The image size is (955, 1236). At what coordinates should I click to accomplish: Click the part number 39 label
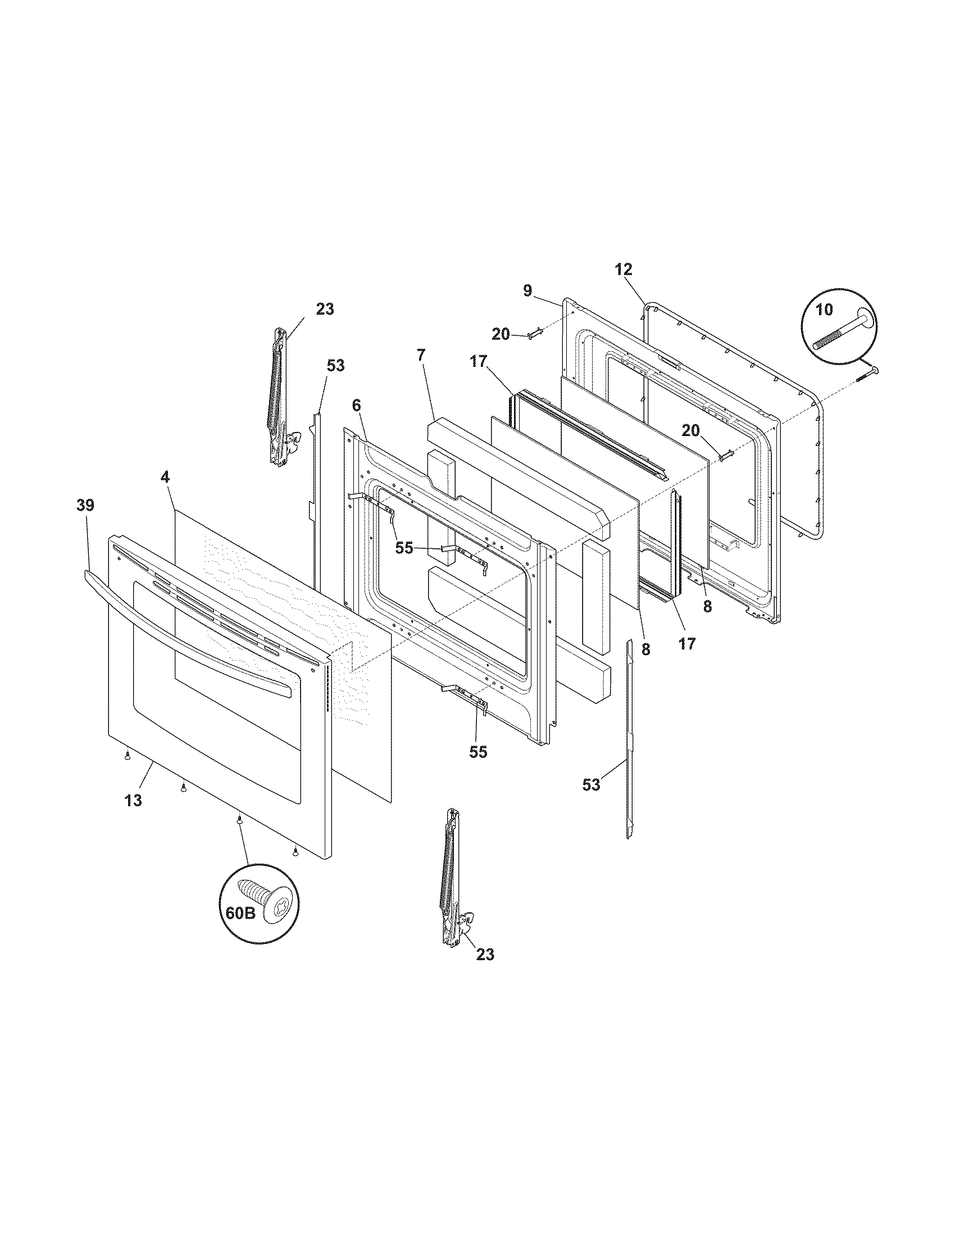click(x=85, y=506)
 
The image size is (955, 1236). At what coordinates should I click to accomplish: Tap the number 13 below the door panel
click(x=134, y=801)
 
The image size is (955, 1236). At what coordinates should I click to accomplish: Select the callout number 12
click(x=624, y=269)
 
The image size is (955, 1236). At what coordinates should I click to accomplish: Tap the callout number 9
click(x=527, y=291)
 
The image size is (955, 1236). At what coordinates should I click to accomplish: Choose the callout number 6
click(x=355, y=405)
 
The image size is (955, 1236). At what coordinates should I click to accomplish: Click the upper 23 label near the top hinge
click(x=325, y=310)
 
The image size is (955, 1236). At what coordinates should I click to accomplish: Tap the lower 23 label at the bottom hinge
click(x=485, y=954)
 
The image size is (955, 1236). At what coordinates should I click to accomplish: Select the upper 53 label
click(x=335, y=366)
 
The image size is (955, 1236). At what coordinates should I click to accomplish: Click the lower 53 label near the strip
click(x=591, y=785)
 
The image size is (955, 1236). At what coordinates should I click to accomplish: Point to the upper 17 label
click(x=479, y=361)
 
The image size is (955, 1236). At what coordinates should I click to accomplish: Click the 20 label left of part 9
click(x=501, y=334)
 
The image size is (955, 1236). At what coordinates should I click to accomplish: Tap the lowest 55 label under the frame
click(x=478, y=752)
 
